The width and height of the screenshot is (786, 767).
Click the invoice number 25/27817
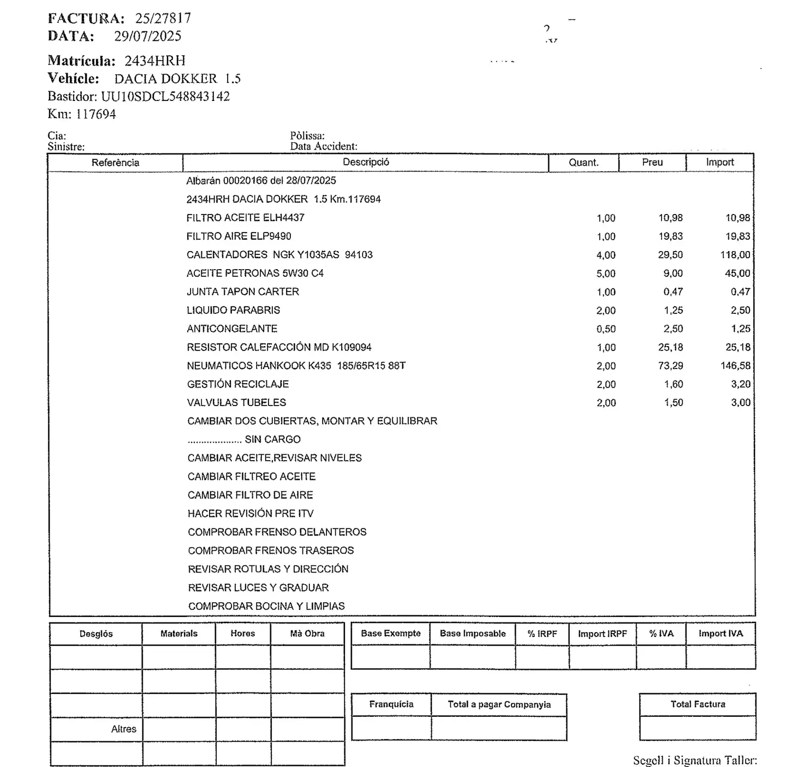point(163,18)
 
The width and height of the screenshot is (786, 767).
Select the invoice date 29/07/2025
point(147,36)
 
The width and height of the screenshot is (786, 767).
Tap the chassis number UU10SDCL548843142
point(165,97)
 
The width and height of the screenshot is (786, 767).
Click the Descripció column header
point(366,162)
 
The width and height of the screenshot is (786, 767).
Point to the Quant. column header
point(583,163)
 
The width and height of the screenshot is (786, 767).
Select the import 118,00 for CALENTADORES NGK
point(735,255)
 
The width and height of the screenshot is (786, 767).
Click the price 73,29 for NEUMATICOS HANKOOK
point(670,366)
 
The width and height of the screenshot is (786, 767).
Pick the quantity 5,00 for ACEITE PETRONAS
point(606,273)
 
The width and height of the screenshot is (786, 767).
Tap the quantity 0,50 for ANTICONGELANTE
point(606,329)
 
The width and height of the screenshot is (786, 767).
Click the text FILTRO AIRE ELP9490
point(239,236)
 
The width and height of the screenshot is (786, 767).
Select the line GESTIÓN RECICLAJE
point(237,384)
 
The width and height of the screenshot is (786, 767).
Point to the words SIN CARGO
point(272,439)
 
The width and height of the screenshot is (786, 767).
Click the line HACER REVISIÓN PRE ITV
point(251,514)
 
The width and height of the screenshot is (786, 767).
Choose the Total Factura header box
point(698,704)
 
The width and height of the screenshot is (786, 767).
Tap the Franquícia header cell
point(391,704)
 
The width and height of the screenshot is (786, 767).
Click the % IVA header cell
point(661,634)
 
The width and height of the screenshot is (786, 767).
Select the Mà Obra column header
point(307,634)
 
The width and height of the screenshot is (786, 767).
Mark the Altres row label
point(124,729)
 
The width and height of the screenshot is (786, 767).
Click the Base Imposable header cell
point(473,634)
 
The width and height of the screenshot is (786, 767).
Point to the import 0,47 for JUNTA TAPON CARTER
point(740,292)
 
